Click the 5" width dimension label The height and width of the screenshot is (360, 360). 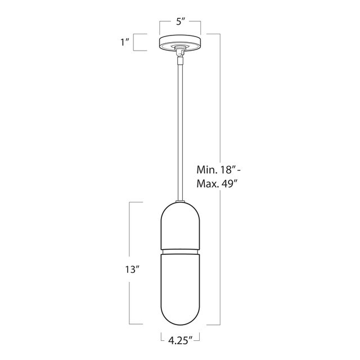pyautogui.click(x=180, y=21)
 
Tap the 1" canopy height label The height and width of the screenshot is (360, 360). pyautogui.click(x=125, y=42)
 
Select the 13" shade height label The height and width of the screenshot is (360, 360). pyautogui.click(x=132, y=269)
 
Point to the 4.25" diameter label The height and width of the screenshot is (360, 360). pyautogui.click(x=180, y=340)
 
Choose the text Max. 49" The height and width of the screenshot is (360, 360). pyautogui.click(x=217, y=184)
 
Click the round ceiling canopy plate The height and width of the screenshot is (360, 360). pyautogui.click(x=180, y=43)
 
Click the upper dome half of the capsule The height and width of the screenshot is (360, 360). pyautogui.click(x=180, y=225)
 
